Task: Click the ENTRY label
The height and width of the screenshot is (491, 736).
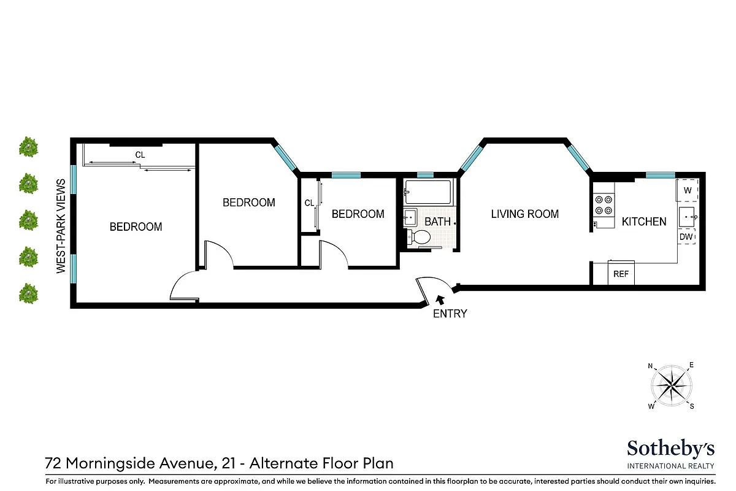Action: pyautogui.click(x=450, y=314)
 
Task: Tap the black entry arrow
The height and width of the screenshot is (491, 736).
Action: pyautogui.click(x=439, y=300)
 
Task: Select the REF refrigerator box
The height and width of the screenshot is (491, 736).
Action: pyautogui.click(x=621, y=274)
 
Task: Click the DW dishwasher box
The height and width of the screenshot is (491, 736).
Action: pyautogui.click(x=686, y=236)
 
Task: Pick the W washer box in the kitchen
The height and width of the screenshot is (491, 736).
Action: pyautogui.click(x=687, y=190)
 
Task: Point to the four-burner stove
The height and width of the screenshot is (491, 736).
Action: pyautogui.click(x=604, y=204)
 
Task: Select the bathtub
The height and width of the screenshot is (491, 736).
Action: pyautogui.click(x=428, y=192)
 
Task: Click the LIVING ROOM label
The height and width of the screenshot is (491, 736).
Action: pyautogui.click(x=524, y=214)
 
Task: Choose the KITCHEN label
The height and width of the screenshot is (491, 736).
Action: pyautogui.click(x=644, y=222)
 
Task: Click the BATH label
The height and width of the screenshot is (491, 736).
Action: pyautogui.click(x=438, y=222)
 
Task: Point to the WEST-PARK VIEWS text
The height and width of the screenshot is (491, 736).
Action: pyautogui.click(x=61, y=226)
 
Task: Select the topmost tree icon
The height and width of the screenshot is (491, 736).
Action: pyautogui.click(x=28, y=147)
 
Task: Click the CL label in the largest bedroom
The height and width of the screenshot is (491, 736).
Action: pyautogui.click(x=140, y=155)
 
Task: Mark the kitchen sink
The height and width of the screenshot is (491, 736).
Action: pyautogui.click(x=686, y=217)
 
